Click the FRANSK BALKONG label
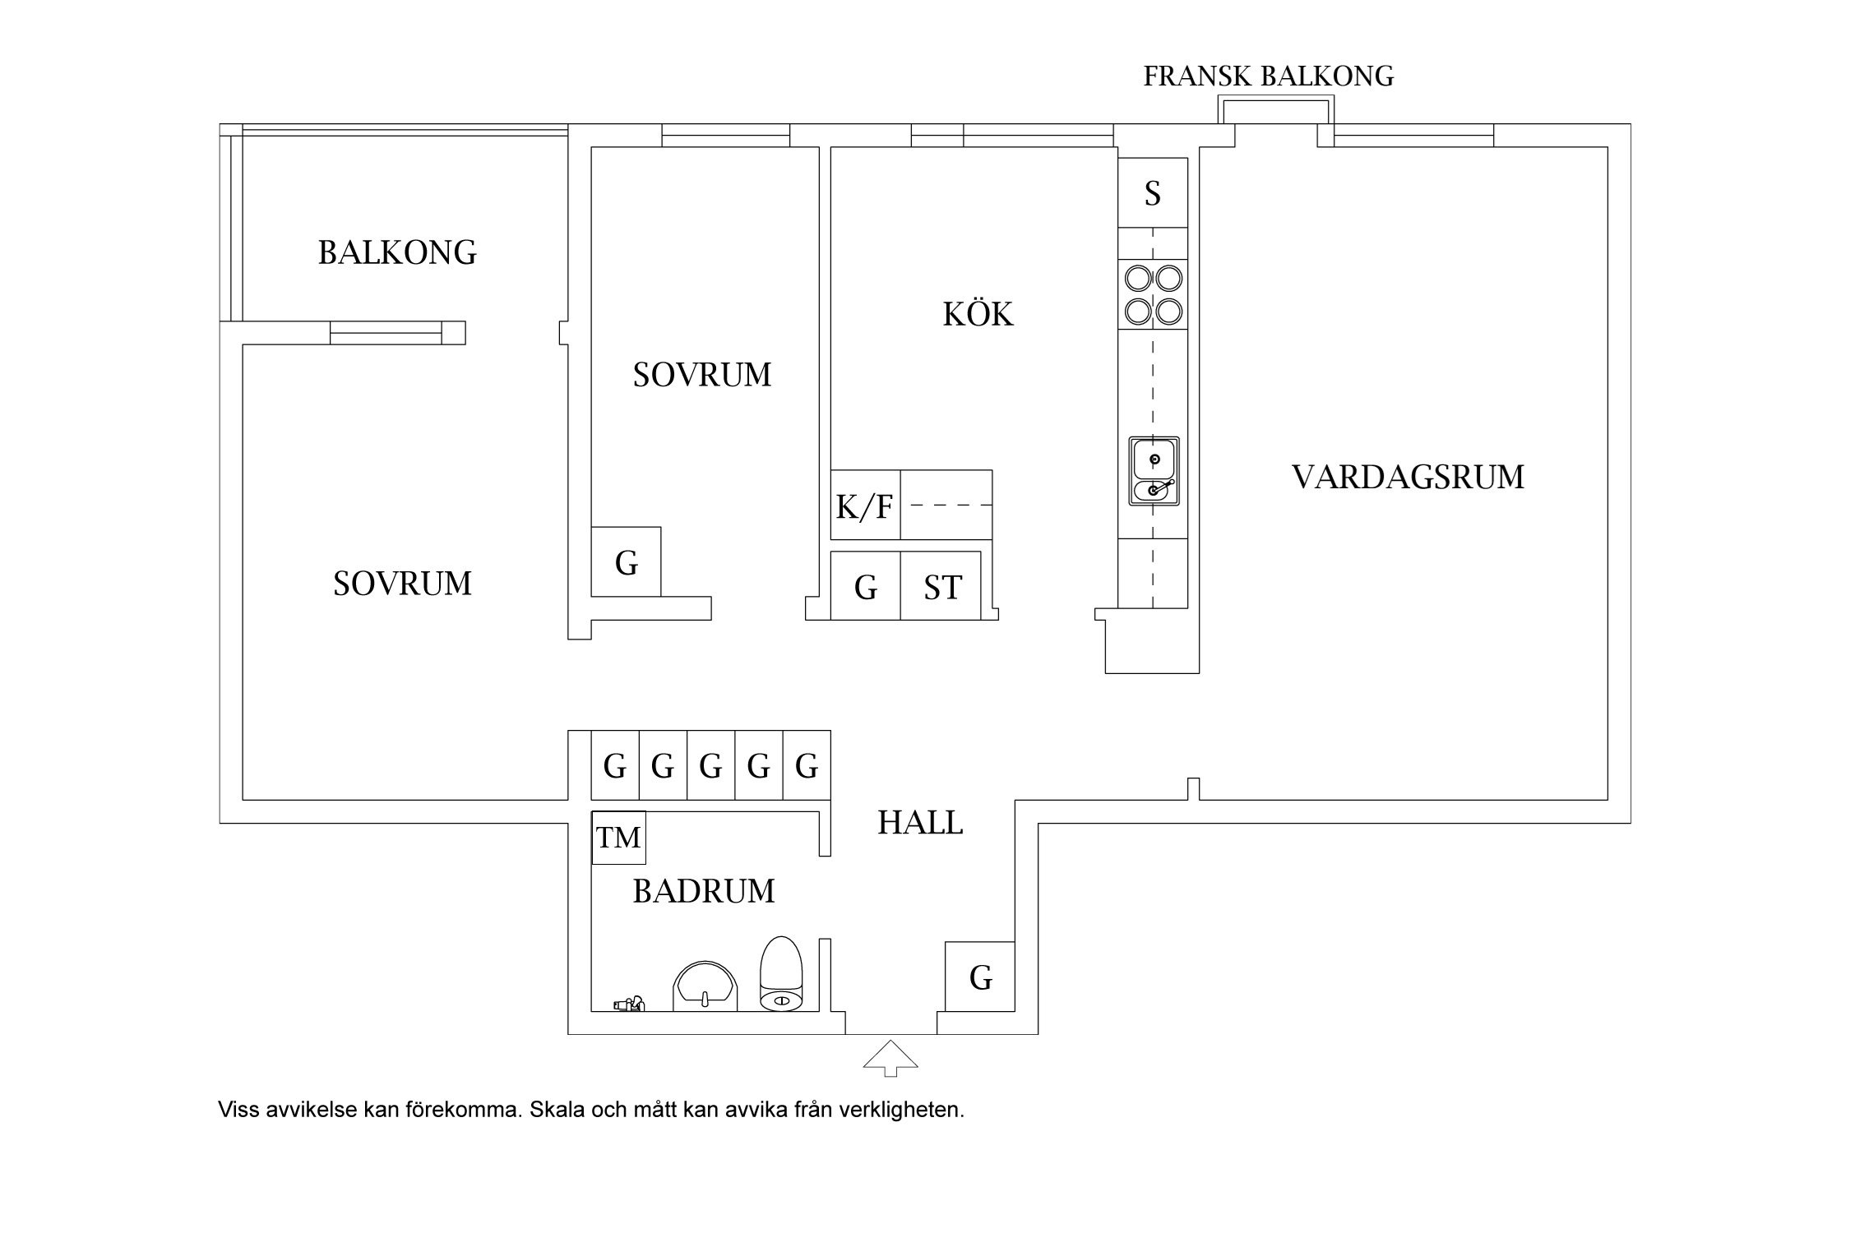tap(1268, 76)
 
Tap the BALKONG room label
tap(397, 252)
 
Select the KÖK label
tap(978, 314)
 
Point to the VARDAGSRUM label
tap(1408, 477)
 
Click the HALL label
tap(920, 823)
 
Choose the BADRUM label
tap(703, 891)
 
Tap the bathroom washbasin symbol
tap(705, 986)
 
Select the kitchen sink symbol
tap(1154, 471)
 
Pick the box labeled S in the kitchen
tap(1153, 193)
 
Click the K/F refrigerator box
tap(865, 506)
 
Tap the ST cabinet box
tap(941, 587)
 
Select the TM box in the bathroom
tap(618, 838)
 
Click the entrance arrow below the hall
tap(890, 1058)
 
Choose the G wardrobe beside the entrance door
tap(979, 977)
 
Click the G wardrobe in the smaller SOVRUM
tap(626, 563)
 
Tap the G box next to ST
tap(865, 587)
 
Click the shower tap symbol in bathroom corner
tap(630, 1003)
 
